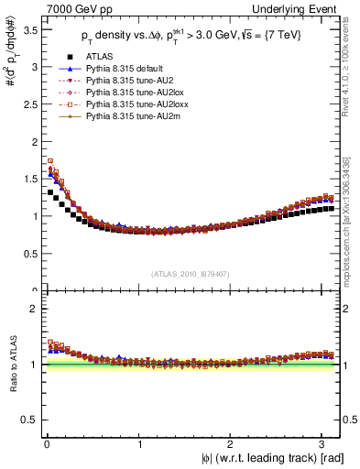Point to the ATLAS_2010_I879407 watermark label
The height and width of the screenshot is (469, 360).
click(189, 272)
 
